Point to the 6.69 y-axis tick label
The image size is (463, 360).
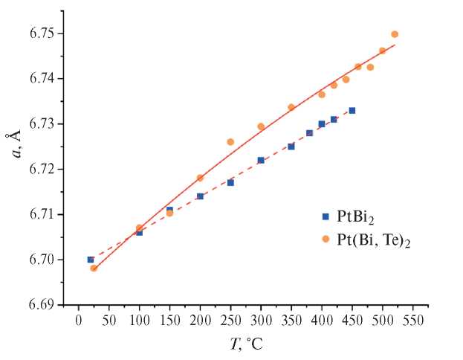(42, 305)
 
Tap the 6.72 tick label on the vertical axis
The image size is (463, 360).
(42, 170)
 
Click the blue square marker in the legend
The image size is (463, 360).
(325, 216)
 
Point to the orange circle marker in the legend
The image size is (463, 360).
(325, 240)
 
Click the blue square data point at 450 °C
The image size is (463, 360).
(352, 110)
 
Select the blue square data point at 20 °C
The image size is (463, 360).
(91, 260)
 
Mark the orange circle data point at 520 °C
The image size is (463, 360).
(395, 34)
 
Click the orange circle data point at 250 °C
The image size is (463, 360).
(230, 141)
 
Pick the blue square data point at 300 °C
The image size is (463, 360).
(261, 160)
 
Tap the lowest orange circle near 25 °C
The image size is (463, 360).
(94, 268)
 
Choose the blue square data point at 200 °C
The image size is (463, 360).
(200, 196)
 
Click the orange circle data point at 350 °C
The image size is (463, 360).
(291, 107)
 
